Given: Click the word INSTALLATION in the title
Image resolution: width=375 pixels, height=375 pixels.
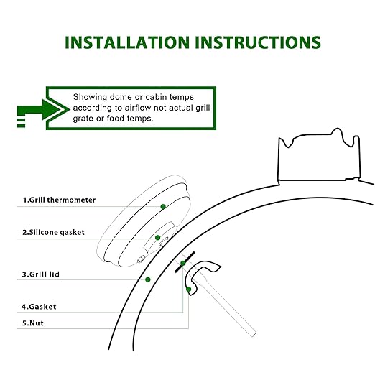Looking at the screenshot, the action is click(127, 42).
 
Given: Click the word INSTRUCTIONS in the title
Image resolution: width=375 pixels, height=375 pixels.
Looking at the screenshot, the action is click(258, 42).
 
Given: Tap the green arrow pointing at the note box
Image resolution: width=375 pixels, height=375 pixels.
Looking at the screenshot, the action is click(44, 110).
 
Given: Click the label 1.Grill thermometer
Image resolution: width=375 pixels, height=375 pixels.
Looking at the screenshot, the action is click(59, 200).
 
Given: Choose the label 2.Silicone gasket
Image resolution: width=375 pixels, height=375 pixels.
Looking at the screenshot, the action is click(53, 232).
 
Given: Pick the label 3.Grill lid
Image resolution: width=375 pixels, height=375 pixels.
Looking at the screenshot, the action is click(41, 274).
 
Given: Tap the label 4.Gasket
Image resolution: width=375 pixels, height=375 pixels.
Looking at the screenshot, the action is click(39, 307).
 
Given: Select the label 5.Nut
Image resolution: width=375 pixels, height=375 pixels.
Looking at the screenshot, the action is click(33, 323).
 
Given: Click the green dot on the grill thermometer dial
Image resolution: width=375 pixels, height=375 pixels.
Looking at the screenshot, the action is click(163, 207).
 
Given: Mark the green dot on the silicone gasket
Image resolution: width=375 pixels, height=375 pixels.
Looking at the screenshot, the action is click(157, 238).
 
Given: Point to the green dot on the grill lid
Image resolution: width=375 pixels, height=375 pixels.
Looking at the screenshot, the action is click(148, 279).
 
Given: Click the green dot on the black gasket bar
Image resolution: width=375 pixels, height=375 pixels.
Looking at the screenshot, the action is click(182, 264).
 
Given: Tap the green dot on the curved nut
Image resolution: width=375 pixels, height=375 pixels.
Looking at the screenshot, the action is click(189, 290).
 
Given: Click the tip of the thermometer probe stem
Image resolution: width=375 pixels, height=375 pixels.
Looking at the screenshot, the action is click(254, 334).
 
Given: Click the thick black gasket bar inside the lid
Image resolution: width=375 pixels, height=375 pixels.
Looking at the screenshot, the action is click(185, 262).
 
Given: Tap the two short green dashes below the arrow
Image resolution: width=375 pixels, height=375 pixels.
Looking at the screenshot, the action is click(21, 123).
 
